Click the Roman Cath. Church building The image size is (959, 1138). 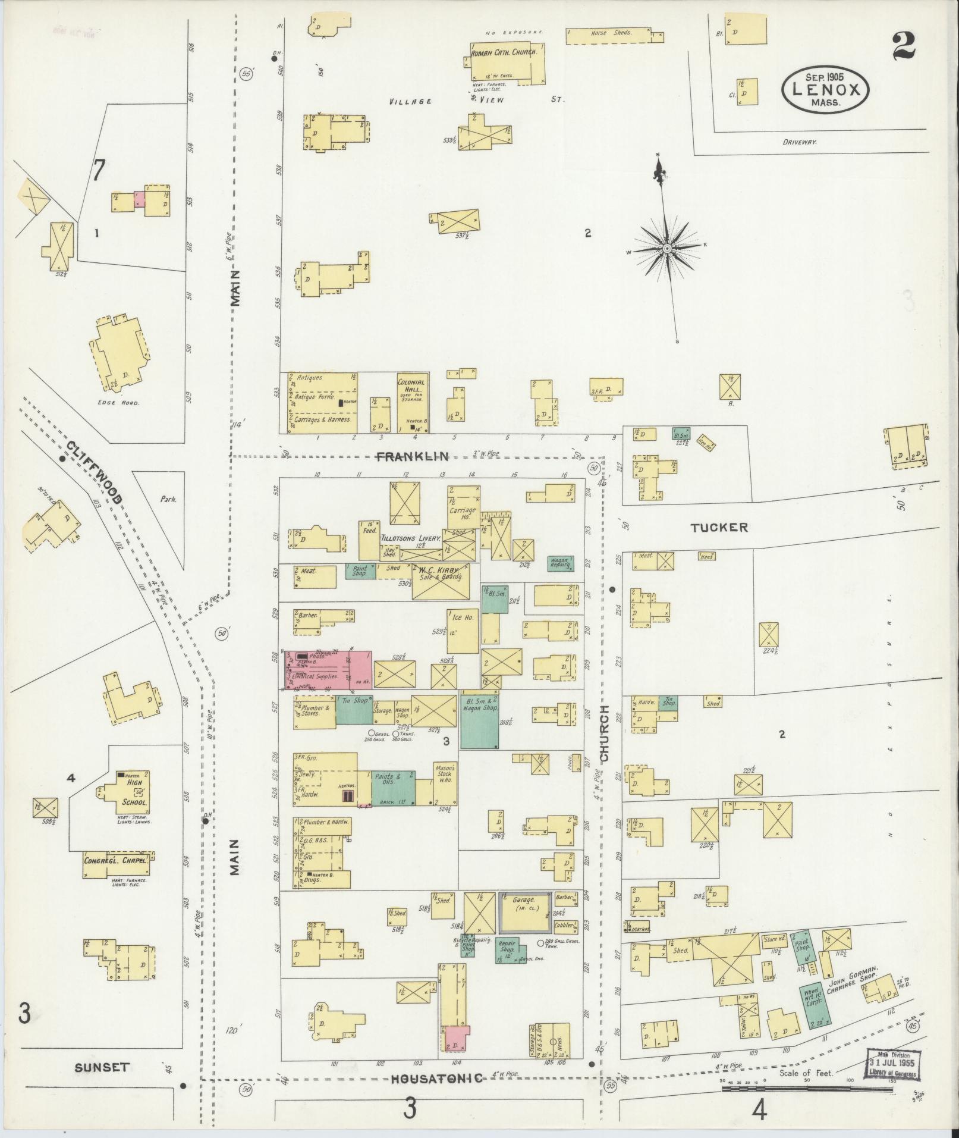(505, 62)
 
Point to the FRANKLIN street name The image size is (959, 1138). (412, 456)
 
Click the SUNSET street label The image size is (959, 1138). (102, 1067)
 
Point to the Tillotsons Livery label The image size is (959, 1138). (410, 537)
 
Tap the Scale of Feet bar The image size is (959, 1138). (807, 1088)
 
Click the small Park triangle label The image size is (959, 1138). (168, 500)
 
